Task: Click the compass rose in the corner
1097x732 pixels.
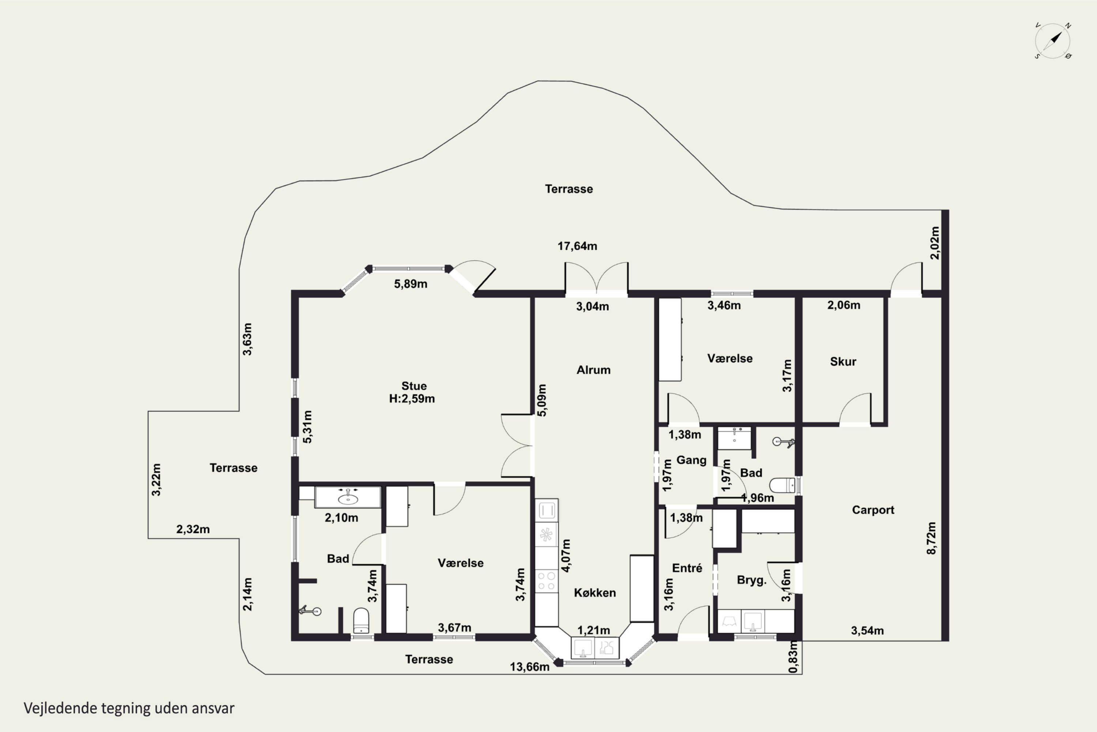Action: pos(1053,41)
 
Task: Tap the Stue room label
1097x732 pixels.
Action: pos(414,386)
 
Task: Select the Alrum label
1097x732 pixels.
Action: pos(593,370)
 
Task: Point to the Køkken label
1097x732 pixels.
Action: pos(595,593)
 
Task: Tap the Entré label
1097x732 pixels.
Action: pos(687,568)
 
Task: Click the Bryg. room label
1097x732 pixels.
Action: pos(751,580)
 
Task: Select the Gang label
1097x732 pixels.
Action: pos(691,460)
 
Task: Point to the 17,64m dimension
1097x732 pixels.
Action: pos(577,246)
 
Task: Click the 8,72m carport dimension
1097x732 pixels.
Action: pos(931,538)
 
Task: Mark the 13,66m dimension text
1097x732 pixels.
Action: pos(529,666)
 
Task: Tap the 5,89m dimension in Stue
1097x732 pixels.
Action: pos(410,284)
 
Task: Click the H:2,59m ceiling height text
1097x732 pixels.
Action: pos(412,399)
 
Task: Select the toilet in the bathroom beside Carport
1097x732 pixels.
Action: pos(782,485)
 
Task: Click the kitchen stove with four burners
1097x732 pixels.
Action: pos(546,581)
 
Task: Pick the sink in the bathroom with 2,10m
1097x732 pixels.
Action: pos(348,498)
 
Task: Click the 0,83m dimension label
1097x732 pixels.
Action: pos(793,657)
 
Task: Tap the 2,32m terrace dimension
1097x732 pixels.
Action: pos(193,529)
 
